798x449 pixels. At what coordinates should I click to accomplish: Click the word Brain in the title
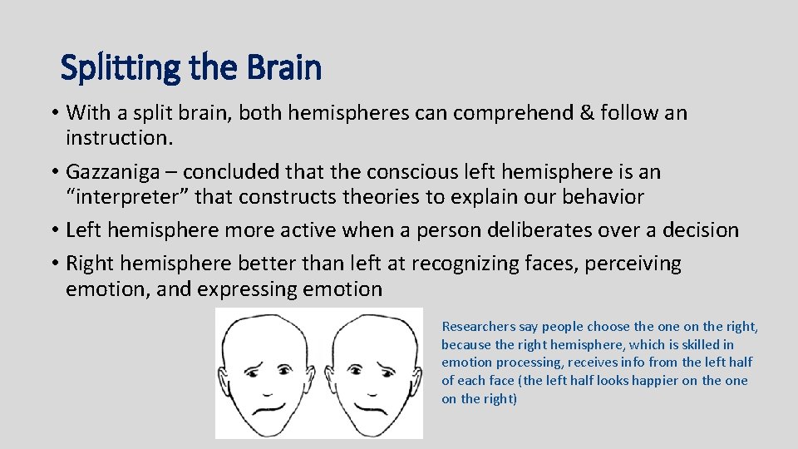point(283,68)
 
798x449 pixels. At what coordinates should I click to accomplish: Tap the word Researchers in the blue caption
point(475,327)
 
